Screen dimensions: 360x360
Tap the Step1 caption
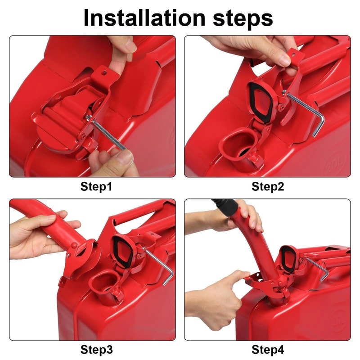96,186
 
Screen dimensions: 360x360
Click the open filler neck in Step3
104,284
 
